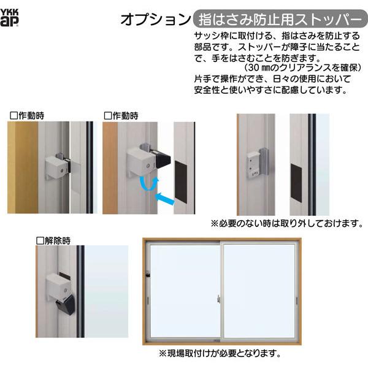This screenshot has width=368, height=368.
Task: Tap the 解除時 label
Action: click(x=53, y=239)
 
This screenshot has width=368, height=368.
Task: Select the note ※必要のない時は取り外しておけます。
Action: click(x=286, y=223)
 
